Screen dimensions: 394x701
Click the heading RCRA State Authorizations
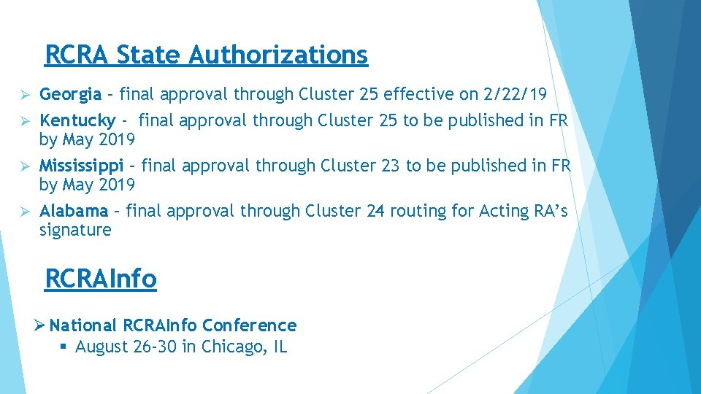click(x=206, y=55)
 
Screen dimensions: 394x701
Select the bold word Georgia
click(x=70, y=94)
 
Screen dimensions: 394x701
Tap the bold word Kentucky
click(x=77, y=120)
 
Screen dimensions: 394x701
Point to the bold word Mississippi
click(x=81, y=166)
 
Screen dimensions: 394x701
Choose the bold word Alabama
click(x=73, y=212)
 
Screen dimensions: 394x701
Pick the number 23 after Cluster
click(x=390, y=166)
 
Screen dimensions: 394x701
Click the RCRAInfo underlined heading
click(x=101, y=279)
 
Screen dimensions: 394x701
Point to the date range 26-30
click(x=156, y=347)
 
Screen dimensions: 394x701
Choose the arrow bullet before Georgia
click(x=23, y=95)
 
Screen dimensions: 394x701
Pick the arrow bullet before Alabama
click(x=23, y=212)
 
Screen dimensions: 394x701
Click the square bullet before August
click(x=64, y=347)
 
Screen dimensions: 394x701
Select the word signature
click(x=75, y=231)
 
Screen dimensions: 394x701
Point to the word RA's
click(x=548, y=212)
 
